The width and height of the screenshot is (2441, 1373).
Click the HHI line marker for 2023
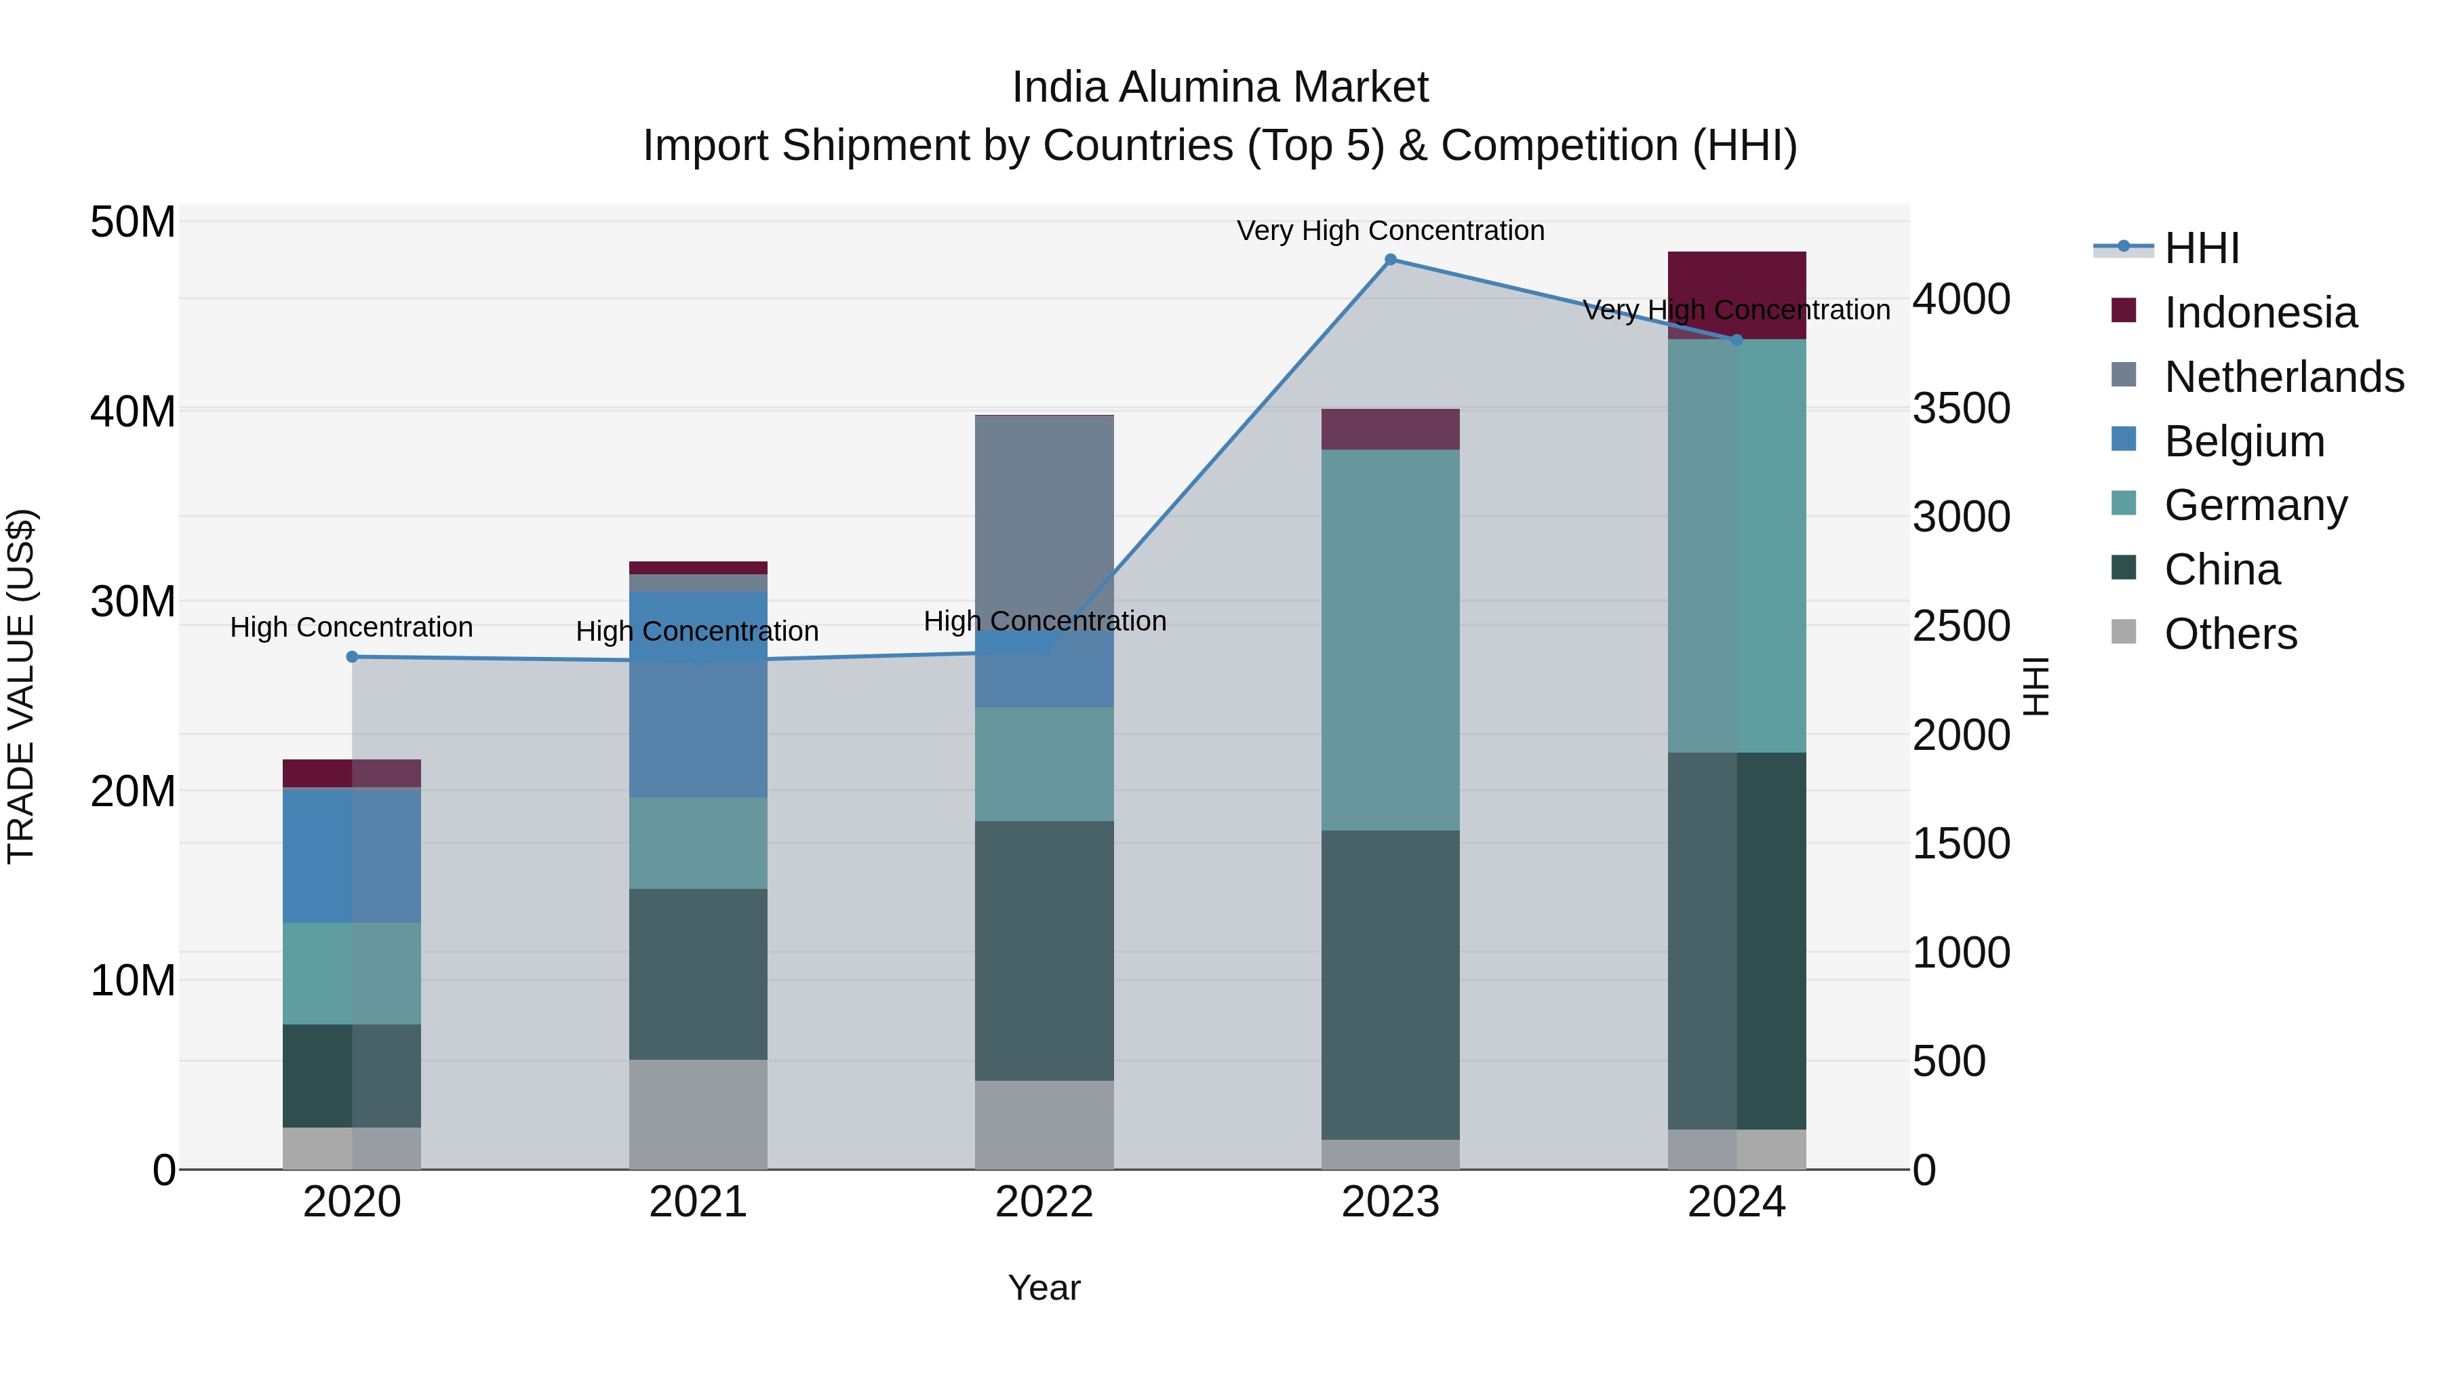(1390, 260)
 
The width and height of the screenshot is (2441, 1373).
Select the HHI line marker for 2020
(351, 656)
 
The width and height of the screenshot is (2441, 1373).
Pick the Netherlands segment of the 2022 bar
(1044, 521)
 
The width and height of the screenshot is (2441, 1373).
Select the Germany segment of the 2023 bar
(1390, 639)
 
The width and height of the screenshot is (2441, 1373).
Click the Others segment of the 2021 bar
(698, 1114)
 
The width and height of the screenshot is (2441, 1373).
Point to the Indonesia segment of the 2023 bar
(1390, 429)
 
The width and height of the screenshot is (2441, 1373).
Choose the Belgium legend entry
(2243, 441)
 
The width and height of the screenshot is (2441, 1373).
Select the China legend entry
(2221, 570)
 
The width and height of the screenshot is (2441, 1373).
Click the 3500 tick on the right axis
(1960, 408)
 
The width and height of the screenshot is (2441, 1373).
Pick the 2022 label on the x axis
(1044, 1202)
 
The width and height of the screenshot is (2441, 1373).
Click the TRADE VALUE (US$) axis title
(21, 686)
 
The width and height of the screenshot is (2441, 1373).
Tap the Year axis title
(1044, 1288)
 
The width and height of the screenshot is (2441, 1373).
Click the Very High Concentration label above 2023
(1390, 231)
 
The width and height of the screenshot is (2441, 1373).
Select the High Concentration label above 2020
(351, 627)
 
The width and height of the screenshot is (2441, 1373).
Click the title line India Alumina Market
(1220, 87)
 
